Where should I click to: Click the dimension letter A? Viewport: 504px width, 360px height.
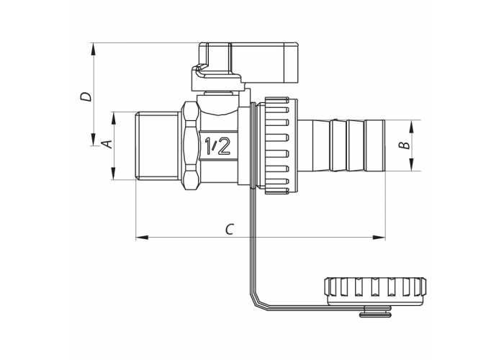pyautogui.click(x=109, y=144)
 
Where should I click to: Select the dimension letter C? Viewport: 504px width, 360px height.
pyautogui.click(x=229, y=229)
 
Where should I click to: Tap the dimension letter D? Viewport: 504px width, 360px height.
pyautogui.click(x=86, y=96)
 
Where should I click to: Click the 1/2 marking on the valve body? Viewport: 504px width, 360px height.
pyautogui.click(x=217, y=146)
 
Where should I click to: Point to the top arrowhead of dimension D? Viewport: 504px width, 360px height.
pyautogui.click(x=93, y=50)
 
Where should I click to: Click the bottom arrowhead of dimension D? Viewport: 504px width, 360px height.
pyautogui.click(x=93, y=139)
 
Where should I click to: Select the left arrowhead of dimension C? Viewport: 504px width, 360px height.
pyautogui.click(x=142, y=238)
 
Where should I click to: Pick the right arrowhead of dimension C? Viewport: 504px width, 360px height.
pyautogui.click(x=379, y=238)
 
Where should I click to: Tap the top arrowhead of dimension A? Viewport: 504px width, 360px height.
pyautogui.click(x=113, y=119)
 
